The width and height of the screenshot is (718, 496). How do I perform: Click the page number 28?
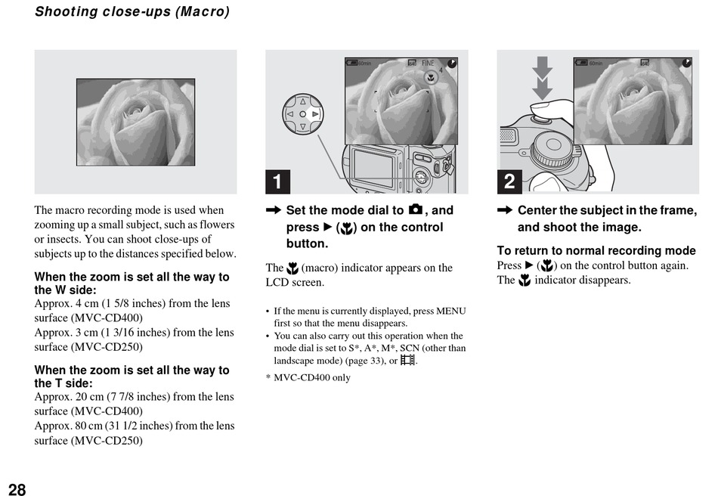click(17, 489)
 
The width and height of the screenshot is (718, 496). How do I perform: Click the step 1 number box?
click(277, 181)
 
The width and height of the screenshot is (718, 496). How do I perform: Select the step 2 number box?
click(509, 181)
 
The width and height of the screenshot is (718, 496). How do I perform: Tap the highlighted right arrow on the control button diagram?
click(315, 114)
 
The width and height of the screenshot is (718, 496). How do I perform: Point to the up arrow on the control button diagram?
click(302, 101)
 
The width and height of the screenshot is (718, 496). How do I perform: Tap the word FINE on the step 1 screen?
click(429, 64)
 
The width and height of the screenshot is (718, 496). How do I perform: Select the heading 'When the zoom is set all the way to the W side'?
click(132, 283)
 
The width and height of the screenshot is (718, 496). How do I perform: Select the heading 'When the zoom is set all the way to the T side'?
click(132, 376)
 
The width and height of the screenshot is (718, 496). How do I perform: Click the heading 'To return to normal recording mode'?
click(596, 250)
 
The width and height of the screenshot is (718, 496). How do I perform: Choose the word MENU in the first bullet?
click(450, 311)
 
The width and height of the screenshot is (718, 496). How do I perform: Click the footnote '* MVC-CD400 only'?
click(308, 377)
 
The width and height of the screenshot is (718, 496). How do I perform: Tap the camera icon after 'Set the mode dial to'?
click(415, 209)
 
